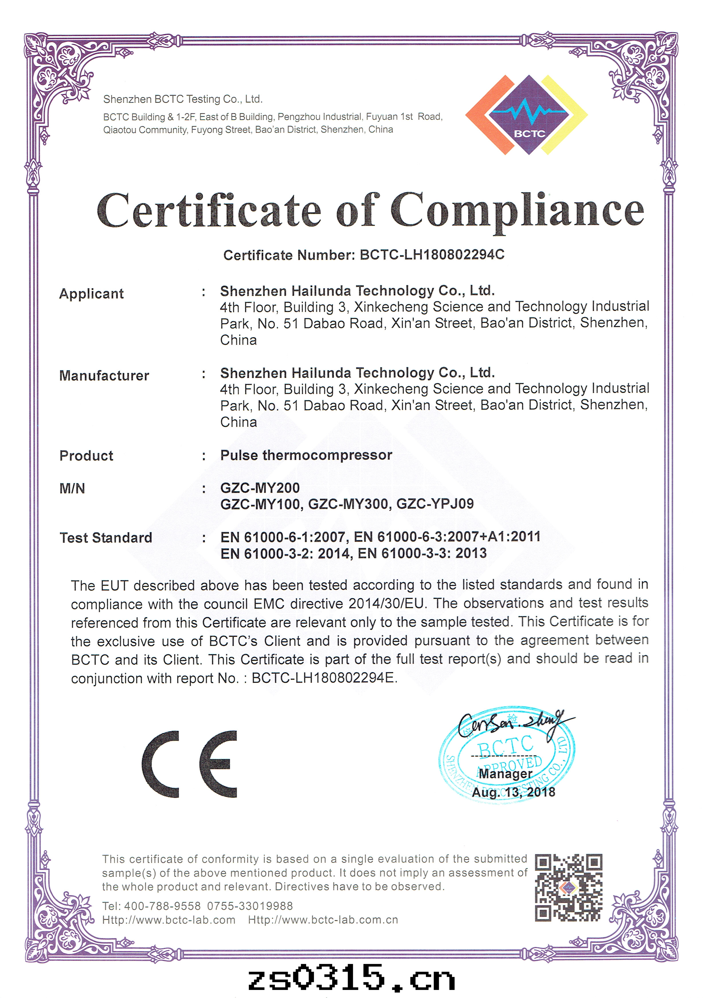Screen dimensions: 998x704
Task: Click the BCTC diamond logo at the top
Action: (527, 115)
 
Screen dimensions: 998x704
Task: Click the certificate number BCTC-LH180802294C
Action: (432, 254)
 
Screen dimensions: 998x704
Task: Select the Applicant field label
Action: (91, 294)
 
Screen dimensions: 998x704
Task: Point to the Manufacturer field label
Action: (104, 376)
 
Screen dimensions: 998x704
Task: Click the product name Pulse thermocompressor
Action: (306, 455)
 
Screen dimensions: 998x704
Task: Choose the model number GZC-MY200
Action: (260, 488)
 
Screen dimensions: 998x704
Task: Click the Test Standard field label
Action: (106, 538)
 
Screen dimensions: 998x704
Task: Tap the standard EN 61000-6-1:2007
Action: (283, 537)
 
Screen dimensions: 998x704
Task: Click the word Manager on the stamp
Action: (505, 774)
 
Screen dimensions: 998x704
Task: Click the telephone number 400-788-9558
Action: (162, 906)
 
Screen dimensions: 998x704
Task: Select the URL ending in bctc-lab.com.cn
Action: (323, 920)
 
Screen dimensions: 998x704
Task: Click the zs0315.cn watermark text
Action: (351, 978)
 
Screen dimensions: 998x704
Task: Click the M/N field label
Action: (72, 489)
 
